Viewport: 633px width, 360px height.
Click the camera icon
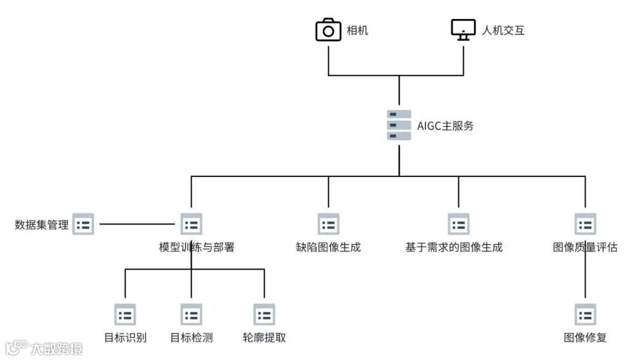click(328, 29)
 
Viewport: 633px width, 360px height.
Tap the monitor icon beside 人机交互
click(464, 29)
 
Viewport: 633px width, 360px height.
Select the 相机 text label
click(357, 30)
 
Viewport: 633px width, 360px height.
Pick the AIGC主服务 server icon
click(399, 125)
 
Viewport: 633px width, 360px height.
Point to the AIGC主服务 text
click(446, 126)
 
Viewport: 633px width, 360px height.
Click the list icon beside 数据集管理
click(83, 225)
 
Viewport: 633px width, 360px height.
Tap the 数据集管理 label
click(42, 225)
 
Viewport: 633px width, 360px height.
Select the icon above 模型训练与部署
click(191, 224)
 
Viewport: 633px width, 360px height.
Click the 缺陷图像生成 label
click(328, 248)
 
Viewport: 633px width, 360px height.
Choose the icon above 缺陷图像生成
click(328, 224)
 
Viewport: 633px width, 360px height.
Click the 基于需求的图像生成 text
click(454, 248)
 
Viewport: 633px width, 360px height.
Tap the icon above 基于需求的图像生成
click(459, 224)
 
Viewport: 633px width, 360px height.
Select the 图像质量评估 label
click(585, 248)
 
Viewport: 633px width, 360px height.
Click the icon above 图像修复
click(585, 315)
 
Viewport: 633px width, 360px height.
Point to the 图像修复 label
click(585, 337)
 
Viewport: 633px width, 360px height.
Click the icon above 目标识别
click(125, 315)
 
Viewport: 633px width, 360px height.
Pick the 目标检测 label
click(191, 337)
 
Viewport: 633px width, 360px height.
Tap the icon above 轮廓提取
click(264, 315)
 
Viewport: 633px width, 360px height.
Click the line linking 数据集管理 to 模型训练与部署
click(138, 224)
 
